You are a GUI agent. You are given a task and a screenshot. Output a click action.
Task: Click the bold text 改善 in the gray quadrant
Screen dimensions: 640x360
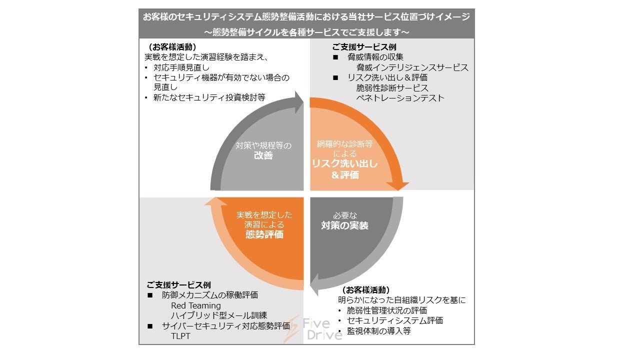coord(262,156)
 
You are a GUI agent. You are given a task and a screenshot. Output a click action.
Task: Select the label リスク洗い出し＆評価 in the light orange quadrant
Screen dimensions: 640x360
coord(345,169)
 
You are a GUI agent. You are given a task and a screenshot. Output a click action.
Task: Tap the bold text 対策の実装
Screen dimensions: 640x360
coord(344,225)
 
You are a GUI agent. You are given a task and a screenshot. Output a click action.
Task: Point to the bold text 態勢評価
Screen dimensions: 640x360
coord(264,234)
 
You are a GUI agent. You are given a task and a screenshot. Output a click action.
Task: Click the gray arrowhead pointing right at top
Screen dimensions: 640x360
coord(299,103)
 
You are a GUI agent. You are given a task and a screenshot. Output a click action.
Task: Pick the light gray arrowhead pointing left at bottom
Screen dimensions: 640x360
coord(316,289)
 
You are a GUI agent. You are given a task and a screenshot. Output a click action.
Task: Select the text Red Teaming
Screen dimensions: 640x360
coord(195,305)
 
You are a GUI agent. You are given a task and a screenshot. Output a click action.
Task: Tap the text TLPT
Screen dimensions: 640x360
coord(180,336)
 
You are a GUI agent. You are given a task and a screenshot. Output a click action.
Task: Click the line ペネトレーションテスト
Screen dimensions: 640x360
coord(400,98)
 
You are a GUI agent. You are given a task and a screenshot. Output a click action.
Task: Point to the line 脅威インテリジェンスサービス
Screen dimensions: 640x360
coord(412,67)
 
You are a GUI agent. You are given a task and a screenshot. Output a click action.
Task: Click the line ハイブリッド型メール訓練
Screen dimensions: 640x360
coord(219,315)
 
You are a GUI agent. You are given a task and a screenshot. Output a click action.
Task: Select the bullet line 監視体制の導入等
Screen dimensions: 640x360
coord(378,330)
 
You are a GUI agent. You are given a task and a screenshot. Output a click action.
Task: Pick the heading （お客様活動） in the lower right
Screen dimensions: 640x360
coord(365,290)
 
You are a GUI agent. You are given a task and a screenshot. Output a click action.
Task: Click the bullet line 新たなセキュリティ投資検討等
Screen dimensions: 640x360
coord(209,97)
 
